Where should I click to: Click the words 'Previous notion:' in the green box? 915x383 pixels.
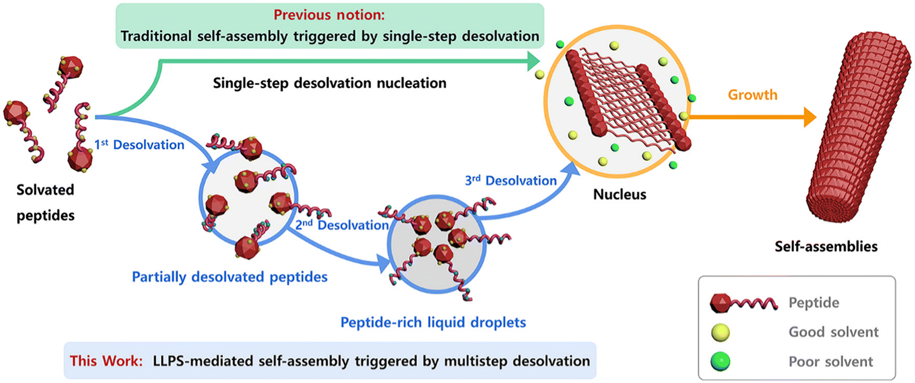point(329,15)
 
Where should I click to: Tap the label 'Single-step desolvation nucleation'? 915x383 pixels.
point(329,83)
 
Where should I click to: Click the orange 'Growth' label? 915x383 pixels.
point(752,95)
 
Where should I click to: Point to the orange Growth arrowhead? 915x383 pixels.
point(810,117)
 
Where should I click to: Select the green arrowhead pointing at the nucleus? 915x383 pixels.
point(534,61)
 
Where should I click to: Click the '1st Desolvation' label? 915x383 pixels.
point(139,144)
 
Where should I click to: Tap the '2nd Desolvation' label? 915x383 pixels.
point(342,225)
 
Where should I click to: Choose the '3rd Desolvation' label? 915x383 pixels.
point(511,180)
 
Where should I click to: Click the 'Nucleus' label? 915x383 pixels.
point(620,194)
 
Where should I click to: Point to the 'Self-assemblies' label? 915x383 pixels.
point(826,246)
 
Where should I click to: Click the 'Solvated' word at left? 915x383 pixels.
point(45,190)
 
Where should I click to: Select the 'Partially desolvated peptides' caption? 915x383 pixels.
point(230,276)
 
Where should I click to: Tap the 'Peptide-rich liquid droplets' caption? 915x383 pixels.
point(433,322)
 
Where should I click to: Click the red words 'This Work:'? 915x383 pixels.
point(106,361)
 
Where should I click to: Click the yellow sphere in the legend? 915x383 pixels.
point(720,332)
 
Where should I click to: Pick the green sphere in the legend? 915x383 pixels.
point(720,362)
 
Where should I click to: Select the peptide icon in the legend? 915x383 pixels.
point(744,303)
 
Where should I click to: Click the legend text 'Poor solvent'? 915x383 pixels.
point(831,362)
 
